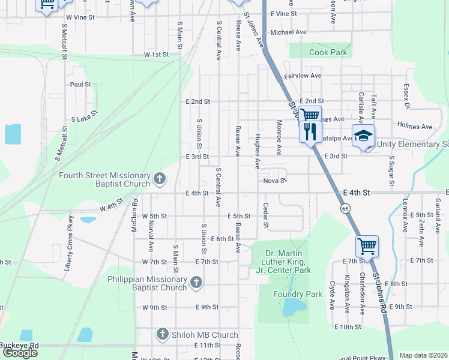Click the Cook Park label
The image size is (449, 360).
pos(328,53)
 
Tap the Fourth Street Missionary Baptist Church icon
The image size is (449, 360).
pos(160,178)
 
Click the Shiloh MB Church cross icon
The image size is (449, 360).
pos(162,334)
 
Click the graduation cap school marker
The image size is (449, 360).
pos(363,137)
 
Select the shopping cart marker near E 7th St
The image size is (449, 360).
pos(367,246)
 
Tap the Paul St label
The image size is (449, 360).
pos(80,85)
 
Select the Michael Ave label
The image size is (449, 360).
pos(289,32)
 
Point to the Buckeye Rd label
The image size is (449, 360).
pos(20,346)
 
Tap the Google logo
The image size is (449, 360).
pos(20,353)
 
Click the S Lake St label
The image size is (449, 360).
pos(85,116)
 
